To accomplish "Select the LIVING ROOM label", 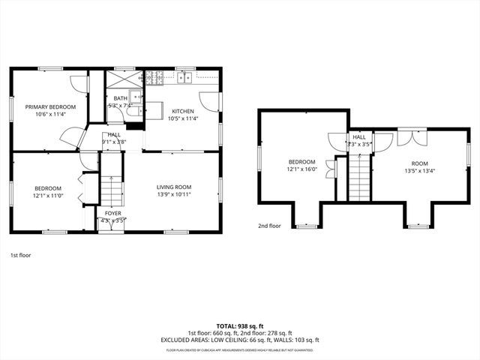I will [174, 187].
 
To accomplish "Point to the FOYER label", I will [112, 213].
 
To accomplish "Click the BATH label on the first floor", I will [120, 98].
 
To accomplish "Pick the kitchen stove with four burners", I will [155, 76].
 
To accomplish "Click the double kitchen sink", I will [186, 76].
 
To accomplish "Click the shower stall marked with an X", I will [119, 79].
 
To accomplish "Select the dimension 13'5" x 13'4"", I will [419, 169].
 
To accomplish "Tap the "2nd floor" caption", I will [269, 226].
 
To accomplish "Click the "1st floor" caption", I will [21, 255].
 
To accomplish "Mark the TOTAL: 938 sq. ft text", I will [239, 326].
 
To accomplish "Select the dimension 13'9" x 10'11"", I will [174, 193].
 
